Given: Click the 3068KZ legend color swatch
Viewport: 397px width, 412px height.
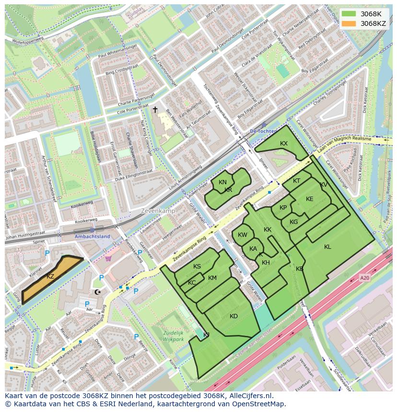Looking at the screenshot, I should tap(349, 23).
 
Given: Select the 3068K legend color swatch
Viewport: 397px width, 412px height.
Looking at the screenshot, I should tap(349, 14).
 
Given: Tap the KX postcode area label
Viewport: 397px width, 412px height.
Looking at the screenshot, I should tap(284, 144).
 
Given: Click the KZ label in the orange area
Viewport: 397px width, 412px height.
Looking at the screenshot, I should tap(50, 277).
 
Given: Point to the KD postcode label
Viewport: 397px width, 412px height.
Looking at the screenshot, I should tap(234, 316).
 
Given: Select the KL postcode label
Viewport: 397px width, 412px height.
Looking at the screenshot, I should tap(327, 247).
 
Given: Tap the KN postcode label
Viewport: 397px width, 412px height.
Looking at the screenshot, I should tap(222, 182).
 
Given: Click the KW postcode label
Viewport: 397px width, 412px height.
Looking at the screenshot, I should tap(243, 235).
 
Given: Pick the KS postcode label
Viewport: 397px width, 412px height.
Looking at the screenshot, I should tap(197, 267).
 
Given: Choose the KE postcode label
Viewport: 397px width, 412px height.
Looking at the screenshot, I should tap(310, 199).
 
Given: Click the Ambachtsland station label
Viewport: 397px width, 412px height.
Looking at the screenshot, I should tap(92, 236).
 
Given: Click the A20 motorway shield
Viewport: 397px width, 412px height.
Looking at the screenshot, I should tap(365, 277).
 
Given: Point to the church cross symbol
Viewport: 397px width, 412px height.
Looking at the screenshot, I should tap(155, 110).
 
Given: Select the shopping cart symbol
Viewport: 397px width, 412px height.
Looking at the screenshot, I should tap(108, 258).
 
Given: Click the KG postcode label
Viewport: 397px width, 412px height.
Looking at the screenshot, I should tap(294, 222).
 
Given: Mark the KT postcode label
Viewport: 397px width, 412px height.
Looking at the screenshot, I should tap(296, 181).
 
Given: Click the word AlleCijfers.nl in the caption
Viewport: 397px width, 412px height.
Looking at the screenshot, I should tap(250, 396).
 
